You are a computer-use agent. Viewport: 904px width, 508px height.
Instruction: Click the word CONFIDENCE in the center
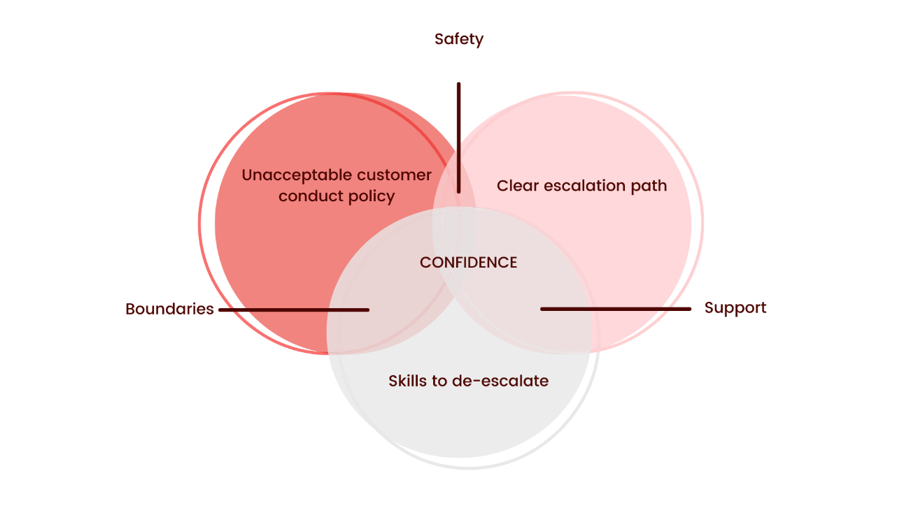tap(468, 262)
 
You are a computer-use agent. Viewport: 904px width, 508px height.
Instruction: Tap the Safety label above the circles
tap(458, 38)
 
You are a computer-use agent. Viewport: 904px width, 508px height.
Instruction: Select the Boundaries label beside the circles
tap(170, 309)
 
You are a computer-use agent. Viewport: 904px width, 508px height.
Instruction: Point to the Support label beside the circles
tap(734, 307)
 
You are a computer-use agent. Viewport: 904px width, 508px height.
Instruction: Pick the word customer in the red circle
tap(394, 175)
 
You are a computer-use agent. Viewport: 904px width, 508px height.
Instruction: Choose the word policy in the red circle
tap(369, 196)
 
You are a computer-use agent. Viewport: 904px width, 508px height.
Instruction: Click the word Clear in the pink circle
tap(516, 186)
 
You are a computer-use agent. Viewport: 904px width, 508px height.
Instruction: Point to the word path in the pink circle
tap(651, 187)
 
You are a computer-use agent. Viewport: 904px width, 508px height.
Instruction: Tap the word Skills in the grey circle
tap(409, 381)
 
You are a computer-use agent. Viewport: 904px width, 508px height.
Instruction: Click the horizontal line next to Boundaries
tap(294, 310)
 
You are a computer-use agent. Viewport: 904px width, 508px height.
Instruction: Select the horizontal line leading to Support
tap(616, 308)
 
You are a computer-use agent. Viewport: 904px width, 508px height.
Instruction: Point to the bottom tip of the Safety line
tap(459, 191)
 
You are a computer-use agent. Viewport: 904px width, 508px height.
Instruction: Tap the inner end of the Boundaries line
tap(367, 310)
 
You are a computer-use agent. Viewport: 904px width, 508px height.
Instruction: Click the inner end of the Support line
tap(543, 308)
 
